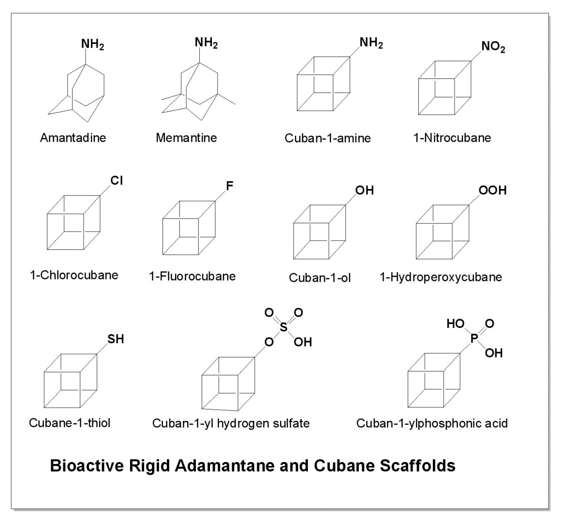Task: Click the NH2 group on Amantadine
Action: point(92,45)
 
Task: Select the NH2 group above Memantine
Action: point(207,43)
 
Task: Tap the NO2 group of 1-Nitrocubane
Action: point(493,47)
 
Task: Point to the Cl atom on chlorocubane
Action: point(117,181)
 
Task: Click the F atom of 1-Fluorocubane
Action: point(230,185)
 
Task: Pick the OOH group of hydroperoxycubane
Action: point(493,190)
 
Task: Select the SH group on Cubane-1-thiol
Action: point(116,339)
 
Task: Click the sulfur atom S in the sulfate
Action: point(284,327)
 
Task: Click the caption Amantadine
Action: point(73,138)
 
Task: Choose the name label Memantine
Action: point(186,138)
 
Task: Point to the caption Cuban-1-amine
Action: point(327,138)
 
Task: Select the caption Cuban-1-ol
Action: point(320,277)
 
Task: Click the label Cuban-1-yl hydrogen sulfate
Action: point(231,423)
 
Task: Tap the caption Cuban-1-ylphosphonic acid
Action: point(432,423)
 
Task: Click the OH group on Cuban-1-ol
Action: point(365,190)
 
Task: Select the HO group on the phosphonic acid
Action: point(456,324)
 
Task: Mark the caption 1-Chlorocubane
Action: point(74,275)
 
